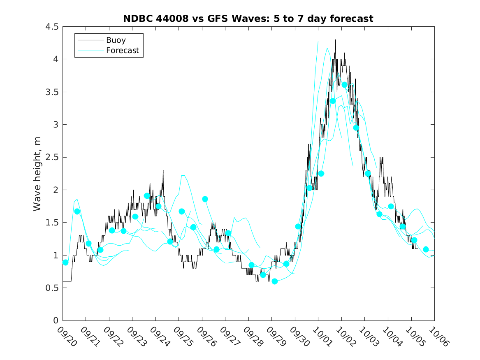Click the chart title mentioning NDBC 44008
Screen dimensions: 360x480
tap(248, 19)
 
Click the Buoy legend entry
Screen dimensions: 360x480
tap(116, 40)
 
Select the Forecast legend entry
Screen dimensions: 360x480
tap(122, 51)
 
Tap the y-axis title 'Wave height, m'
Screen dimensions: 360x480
tap(37, 174)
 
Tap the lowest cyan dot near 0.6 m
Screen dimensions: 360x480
tap(275, 281)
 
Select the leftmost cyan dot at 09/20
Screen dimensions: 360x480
tap(65, 262)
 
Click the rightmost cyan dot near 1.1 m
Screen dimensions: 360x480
tap(426, 249)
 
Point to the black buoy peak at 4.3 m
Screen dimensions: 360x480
tap(335, 40)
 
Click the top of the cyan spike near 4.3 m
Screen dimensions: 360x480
tap(318, 41)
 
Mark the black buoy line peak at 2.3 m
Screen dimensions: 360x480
tap(163, 170)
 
